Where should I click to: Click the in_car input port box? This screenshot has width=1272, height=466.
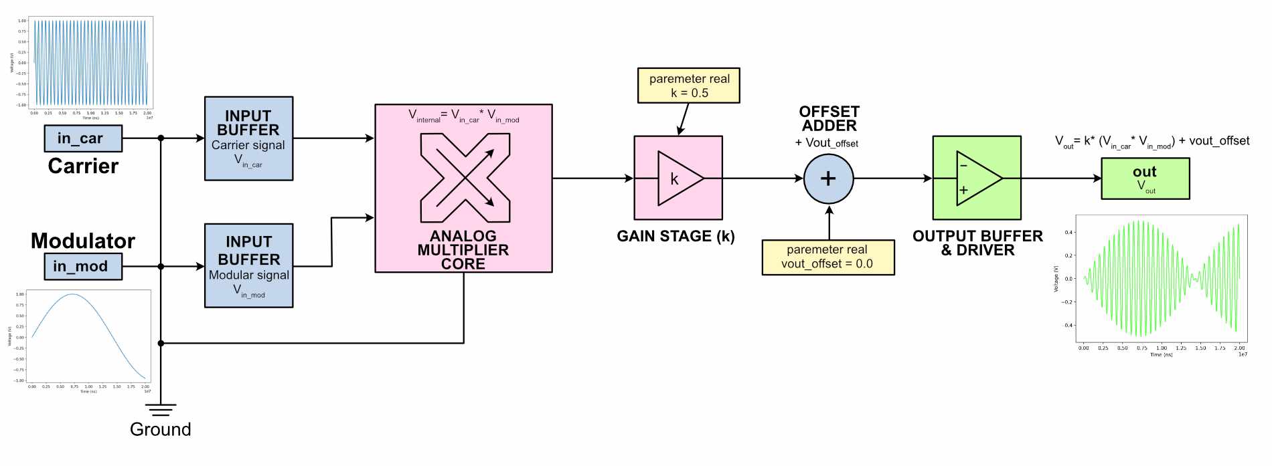click(x=83, y=138)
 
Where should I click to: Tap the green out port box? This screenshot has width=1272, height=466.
click(x=1145, y=179)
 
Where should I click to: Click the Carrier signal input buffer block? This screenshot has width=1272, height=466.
click(x=248, y=138)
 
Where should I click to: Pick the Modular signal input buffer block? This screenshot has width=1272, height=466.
click(x=248, y=265)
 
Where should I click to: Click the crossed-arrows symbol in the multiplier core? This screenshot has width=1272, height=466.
click(x=465, y=178)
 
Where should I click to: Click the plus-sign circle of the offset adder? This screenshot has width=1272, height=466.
click(x=828, y=179)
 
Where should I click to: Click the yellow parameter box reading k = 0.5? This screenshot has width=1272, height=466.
click(x=688, y=86)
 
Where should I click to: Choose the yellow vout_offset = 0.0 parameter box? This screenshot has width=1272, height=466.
click(x=827, y=257)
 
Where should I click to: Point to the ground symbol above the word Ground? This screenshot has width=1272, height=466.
click(x=161, y=409)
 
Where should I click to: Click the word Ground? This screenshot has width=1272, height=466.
click(x=161, y=429)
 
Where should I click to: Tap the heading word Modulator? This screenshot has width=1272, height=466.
click(x=83, y=241)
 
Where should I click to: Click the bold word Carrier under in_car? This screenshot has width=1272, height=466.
click(x=83, y=166)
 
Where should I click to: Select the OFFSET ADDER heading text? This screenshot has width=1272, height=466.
click(x=829, y=119)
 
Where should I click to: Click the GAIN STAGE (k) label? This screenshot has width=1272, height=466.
click(x=675, y=236)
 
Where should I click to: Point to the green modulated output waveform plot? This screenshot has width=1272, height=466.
click(x=1161, y=279)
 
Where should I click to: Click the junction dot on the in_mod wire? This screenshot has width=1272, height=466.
click(x=161, y=266)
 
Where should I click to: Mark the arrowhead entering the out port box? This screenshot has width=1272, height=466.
click(x=1097, y=179)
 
